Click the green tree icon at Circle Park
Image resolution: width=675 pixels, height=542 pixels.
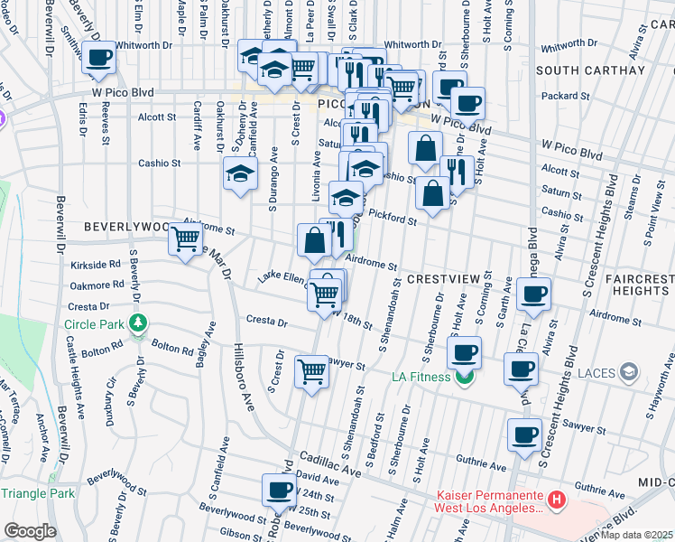pos(138,322)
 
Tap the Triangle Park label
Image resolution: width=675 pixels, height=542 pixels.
pos(37,493)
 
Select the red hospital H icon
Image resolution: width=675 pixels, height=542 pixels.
pos(558,498)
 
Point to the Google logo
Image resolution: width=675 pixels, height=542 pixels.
pos(31,530)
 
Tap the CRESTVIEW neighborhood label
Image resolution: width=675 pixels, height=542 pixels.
pos(441,279)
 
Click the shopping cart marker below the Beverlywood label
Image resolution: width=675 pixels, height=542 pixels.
pos(186,239)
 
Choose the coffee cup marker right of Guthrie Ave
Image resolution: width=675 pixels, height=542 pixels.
pos(524,435)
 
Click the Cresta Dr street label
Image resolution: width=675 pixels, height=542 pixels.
pos(266,321)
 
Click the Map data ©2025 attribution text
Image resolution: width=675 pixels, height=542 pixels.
pos(637,535)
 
